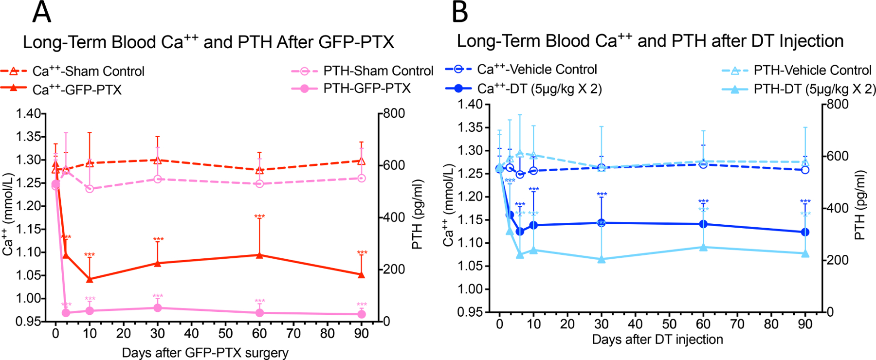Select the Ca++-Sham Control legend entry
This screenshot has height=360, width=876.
tap(88, 72)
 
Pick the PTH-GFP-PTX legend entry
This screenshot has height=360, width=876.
tap(366, 89)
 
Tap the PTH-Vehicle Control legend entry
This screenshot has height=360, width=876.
tap(812, 71)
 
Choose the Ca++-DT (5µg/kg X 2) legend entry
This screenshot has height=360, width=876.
tap(539, 89)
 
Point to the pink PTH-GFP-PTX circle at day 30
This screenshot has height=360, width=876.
tap(157, 308)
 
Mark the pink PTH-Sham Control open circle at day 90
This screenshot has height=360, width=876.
tap(361, 179)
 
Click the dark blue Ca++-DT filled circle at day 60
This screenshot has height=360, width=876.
tap(703, 224)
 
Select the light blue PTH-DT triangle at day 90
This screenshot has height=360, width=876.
tap(805, 253)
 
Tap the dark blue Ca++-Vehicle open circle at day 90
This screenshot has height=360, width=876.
tap(805, 170)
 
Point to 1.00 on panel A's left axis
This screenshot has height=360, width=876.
tap(28, 299)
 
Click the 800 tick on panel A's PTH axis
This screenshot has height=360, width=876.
tap(394, 114)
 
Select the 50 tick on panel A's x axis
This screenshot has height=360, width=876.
tap(225, 334)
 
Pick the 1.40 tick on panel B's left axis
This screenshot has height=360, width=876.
tap(470, 105)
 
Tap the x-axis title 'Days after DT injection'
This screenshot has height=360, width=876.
tap(657, 340)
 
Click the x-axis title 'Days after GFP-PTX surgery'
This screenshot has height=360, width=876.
tap(205, 353)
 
